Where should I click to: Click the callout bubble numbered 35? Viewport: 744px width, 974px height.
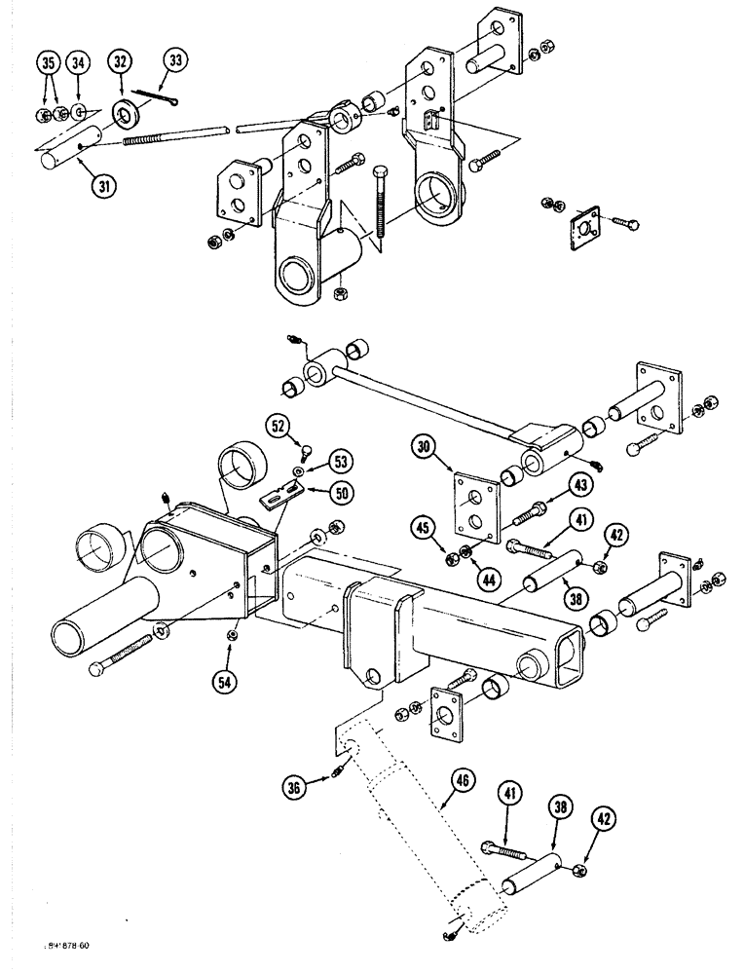(x=46, y=64)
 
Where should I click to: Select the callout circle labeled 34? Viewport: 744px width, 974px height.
(x=79, y=64)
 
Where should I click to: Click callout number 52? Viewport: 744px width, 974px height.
(x=279, y=427)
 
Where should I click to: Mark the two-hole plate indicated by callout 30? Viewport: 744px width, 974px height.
(x=471, y=506)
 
